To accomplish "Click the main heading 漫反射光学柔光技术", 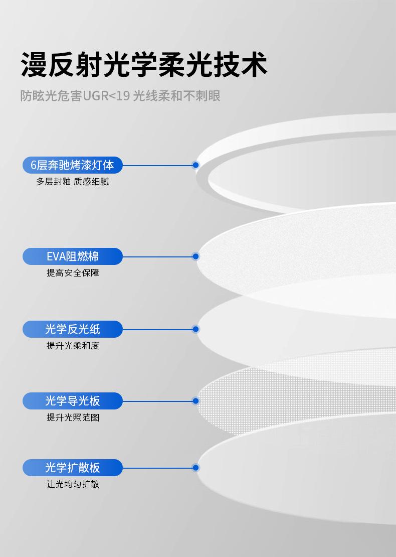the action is [144, 64].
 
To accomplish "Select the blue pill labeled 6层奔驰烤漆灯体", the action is [73, 165].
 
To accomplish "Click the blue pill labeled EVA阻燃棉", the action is [73, 256].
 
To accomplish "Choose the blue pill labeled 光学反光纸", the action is [73, 329].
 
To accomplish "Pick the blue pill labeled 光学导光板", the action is [73, 401].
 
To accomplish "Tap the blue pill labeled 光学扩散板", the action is [73, 468].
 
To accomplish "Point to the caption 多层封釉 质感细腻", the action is [72, 182].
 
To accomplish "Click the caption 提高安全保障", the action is [73, 273].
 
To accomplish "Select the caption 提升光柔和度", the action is [73, 346].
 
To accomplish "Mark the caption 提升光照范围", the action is [73, 417].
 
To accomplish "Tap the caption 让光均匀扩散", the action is [73, 484].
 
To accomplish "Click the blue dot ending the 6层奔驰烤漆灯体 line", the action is [196, 165].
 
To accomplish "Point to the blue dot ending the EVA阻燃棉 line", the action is [196, 256].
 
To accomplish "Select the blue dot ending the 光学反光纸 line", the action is [196, 329].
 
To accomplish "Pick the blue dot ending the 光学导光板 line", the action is [196, 401].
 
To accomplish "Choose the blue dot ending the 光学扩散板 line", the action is [196, 468].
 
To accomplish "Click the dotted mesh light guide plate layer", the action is [251, 396].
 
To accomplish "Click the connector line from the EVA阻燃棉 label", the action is [158, 256].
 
